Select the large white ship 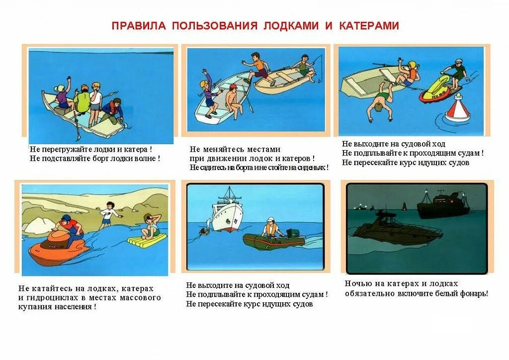(x=228, y=211)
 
